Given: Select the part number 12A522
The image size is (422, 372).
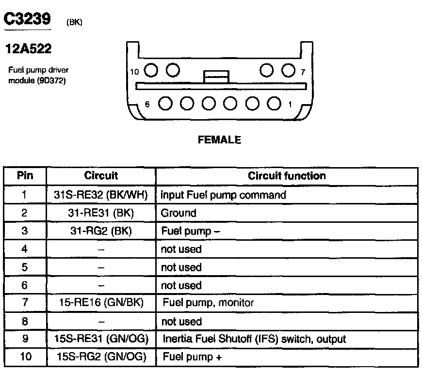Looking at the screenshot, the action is coord(28,49).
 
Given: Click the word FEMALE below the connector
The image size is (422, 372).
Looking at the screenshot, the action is coord(219,140).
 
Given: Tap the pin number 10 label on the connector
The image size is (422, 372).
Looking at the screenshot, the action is coord(135,72).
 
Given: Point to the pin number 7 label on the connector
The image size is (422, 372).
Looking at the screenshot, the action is coord(303,72).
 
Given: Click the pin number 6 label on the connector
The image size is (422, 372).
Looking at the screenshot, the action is coord(147,104).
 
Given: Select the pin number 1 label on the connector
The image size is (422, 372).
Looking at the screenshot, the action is coord(290,104).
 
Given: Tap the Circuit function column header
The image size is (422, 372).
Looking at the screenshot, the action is coord(287,176).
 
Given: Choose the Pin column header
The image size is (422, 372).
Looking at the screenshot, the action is coord(25,176).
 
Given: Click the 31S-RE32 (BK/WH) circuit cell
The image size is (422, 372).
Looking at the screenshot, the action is coord(101,195).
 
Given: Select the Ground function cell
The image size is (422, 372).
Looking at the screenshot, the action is coord(179,213).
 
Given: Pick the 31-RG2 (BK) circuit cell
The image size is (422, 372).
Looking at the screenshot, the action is coord(101,231).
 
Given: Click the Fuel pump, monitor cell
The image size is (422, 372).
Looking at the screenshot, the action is coord(208,303).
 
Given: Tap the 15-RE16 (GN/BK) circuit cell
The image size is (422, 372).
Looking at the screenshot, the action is coord(101,303).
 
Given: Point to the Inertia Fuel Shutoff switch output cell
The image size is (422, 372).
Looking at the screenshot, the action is coord(254,339).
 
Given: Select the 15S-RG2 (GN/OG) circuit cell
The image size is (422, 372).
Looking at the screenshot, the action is coord(101,357).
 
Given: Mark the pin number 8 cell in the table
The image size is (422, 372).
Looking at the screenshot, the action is coord(25,321).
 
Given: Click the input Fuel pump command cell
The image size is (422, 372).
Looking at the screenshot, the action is coord(223,195).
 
